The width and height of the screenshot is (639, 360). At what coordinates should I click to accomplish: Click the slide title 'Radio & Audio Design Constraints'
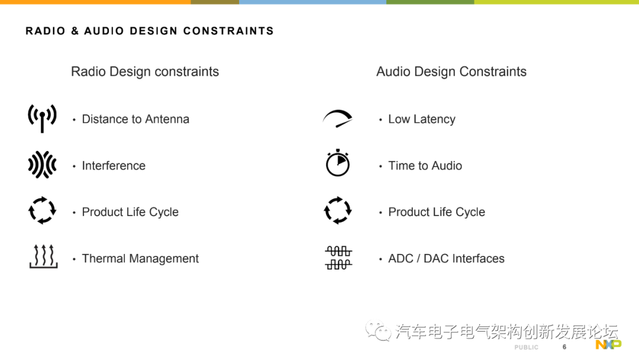point(150,31)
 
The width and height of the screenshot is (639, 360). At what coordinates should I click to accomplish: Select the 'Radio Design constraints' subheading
point(145,72)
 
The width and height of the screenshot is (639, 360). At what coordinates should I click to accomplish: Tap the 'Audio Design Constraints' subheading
point(451,72)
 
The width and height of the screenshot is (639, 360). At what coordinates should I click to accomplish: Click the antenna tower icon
point(42,118)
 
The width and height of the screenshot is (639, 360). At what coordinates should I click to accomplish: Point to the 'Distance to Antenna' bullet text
point(135,119)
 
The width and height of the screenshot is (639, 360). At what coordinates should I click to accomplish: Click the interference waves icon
point(42,165)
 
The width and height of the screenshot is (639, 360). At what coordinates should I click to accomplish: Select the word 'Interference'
point(114,166)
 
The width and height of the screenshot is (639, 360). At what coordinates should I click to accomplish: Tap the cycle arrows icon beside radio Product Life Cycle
point(42,211)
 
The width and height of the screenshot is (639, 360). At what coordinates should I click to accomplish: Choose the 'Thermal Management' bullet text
point(140,259)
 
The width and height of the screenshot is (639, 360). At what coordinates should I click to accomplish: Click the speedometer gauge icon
point(337,118)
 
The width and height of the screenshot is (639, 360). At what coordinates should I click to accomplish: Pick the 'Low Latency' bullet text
point(421,119)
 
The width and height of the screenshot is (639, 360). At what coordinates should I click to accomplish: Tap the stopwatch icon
point(338,163)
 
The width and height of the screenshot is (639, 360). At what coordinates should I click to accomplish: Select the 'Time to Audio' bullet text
point(425,166)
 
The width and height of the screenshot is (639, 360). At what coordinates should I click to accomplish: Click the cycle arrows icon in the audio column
point(337,210)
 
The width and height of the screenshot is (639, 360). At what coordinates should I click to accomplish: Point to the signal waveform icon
point(338,258)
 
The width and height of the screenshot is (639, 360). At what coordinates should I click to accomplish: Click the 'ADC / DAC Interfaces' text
point(446,259)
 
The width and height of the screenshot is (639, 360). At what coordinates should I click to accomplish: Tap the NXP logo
point(608,345)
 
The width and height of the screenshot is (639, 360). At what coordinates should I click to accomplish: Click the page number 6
point(564,347)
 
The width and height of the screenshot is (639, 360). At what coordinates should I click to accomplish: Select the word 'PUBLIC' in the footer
point(526,348)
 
